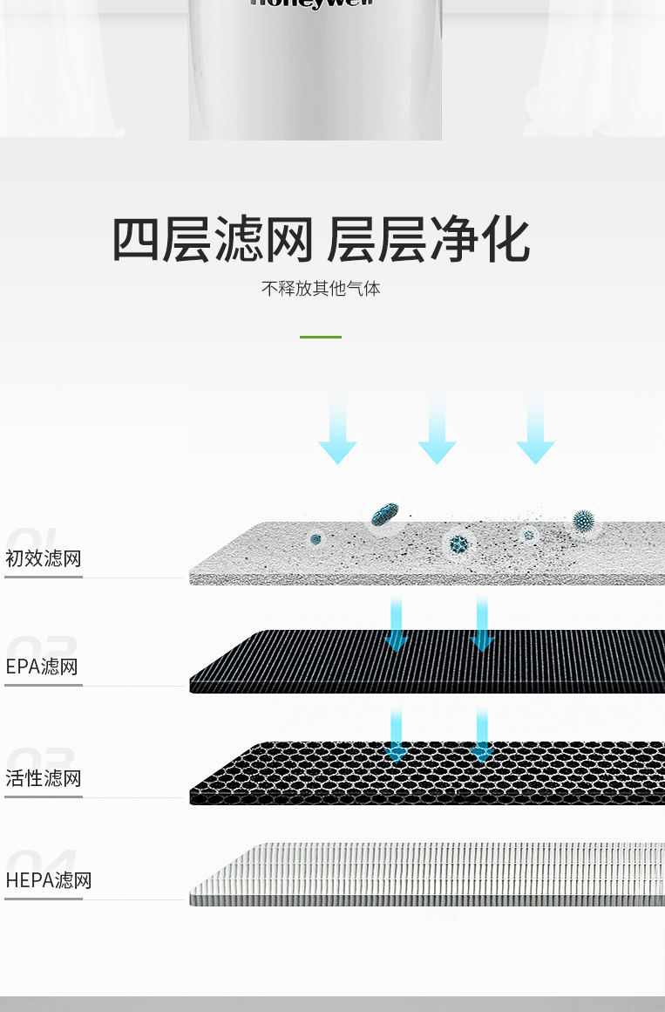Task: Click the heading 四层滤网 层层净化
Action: click(321, 240)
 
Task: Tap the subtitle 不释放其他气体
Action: click(321, 288)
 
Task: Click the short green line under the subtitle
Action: click(321, 337)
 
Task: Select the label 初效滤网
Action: click(44, 558)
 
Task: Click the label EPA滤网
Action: click(42, 667)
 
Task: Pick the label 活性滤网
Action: click(44, 778)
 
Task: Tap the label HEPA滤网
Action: click(49, 880)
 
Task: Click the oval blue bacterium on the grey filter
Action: click(384, 516)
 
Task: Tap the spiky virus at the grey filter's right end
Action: click(583, 521)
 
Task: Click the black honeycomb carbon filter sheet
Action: click(427, 776)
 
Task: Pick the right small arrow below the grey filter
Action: click(482, 625)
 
